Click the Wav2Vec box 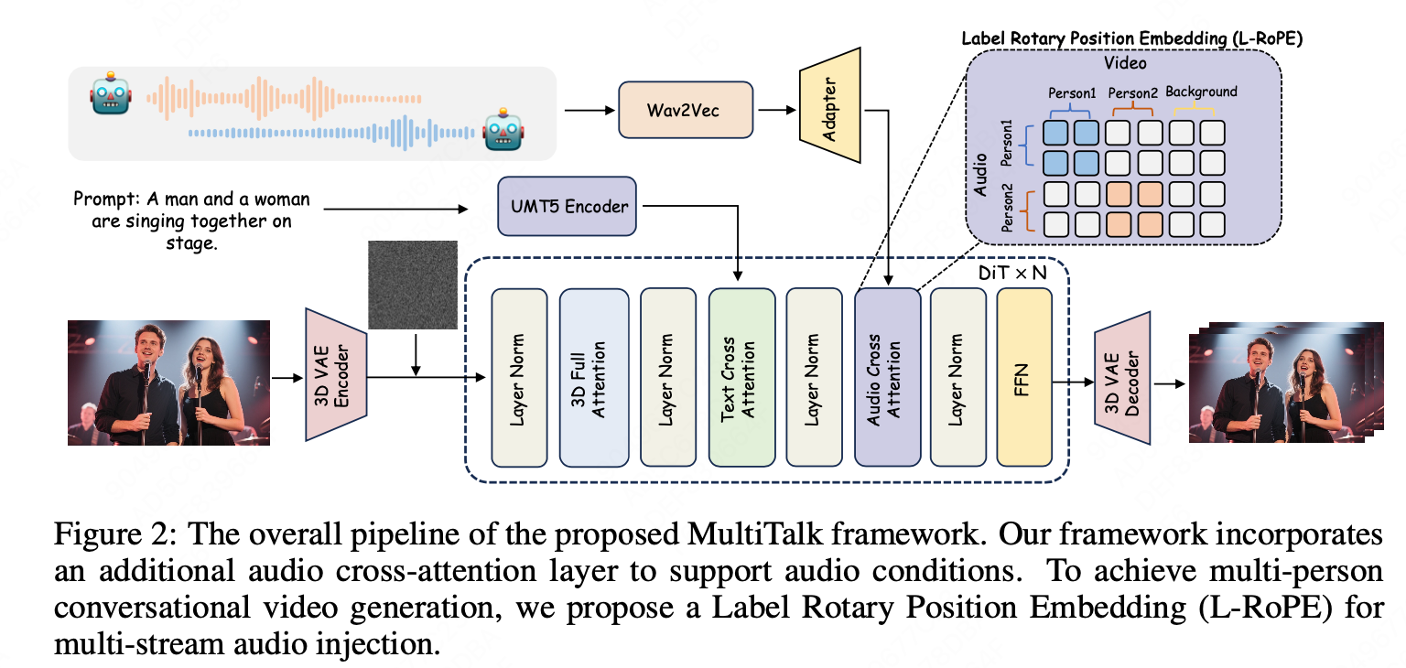[x=685, y=110]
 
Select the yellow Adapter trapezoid [x=831, y=106]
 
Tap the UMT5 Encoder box [x=568, y=206]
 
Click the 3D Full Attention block [x=594, y=377]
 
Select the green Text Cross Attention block [x=741, y=377]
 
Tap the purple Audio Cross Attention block [x=887, y=377]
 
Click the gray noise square [x=412, y=284]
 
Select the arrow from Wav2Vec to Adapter [x=774, y=110]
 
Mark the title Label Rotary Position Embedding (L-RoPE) [x=1131, y=39]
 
